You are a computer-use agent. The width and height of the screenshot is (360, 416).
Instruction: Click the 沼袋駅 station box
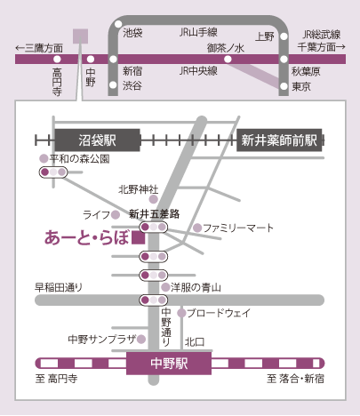(x=97, y=140)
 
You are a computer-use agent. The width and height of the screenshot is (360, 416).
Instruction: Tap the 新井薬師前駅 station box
(x=279, y=140)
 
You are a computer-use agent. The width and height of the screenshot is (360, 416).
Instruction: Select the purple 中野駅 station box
(x=169, y=364)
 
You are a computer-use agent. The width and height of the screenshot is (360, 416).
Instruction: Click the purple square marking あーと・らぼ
(x=139, y=238)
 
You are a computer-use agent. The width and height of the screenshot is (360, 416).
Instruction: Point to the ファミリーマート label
(x=238, y=228)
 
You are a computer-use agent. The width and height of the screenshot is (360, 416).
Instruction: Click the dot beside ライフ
(x=116, y=214)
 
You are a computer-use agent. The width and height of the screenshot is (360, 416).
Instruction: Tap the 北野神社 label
(x=139, y=189)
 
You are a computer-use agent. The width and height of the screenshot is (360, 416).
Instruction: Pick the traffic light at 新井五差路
(x=154, y=228)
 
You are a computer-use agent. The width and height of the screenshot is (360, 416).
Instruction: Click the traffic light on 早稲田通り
(x=154, y=300)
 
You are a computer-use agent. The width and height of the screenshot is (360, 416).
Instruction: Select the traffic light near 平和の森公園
(x=53, y=172)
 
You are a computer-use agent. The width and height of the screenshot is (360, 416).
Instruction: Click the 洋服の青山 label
(x=196, y=287)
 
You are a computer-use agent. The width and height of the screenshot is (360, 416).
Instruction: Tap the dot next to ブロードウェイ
(x=181, y=313)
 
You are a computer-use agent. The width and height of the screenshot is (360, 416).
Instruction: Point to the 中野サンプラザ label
(x=102, y=339)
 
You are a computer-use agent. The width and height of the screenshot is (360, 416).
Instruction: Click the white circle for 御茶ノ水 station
(x=228, y=60)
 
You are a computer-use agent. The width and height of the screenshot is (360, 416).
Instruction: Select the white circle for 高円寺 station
(x=57, y=60)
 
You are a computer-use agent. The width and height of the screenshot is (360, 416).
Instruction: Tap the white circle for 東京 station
(x=284, y=86)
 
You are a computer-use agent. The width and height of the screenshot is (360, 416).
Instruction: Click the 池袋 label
(x=132, y=33)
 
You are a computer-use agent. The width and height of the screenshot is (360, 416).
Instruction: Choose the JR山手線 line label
(x=198, y=32)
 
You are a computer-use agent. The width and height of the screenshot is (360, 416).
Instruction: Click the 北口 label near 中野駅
(x=195, y=342)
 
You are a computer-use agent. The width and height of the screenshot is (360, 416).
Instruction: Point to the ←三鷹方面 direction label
(x=39, y=48)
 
